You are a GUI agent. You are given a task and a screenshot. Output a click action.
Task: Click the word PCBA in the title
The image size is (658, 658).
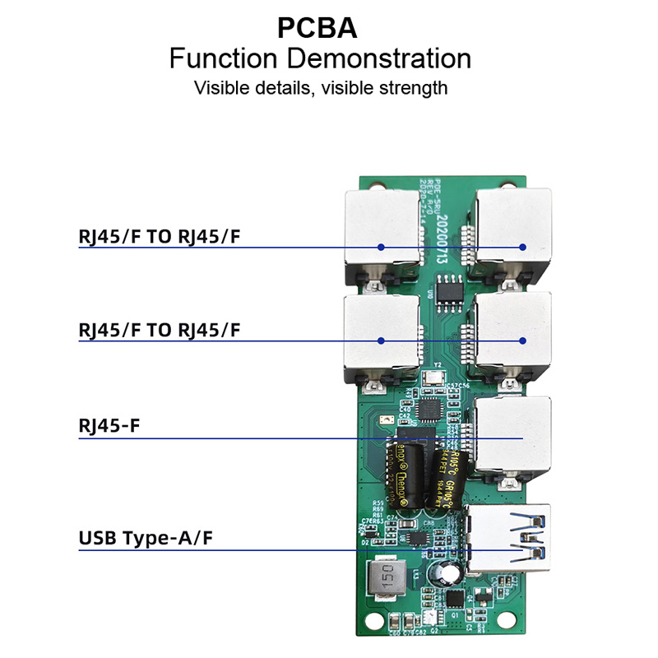[317, 28]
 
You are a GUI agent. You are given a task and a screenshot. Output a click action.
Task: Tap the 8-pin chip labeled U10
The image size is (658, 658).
[448, 289]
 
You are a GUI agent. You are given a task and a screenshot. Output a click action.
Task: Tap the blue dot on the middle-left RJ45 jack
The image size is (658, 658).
[381, 341]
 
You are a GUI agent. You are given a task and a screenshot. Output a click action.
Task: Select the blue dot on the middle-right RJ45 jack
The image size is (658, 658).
[521, 341]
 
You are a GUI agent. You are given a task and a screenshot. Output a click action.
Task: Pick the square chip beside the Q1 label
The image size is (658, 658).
[453, 599]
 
